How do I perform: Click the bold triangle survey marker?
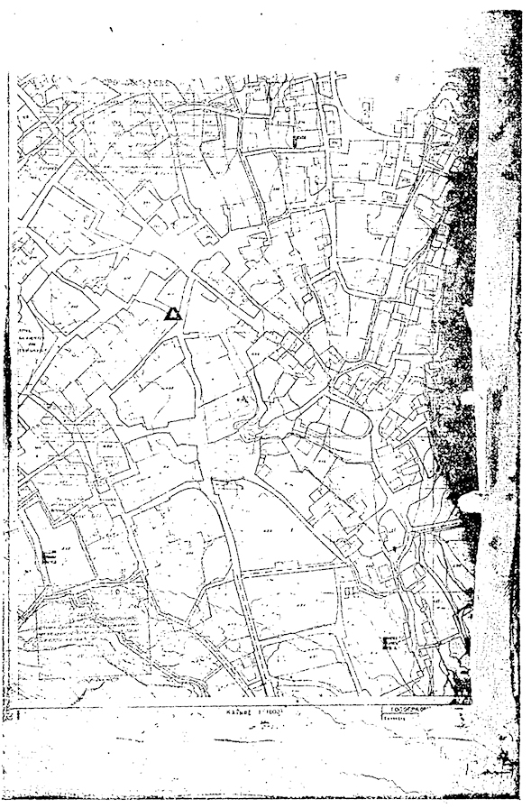[172, 314]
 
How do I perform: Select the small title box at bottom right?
[426, 710]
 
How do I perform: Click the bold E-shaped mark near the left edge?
[49, 555]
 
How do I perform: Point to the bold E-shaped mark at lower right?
[390, 642]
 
